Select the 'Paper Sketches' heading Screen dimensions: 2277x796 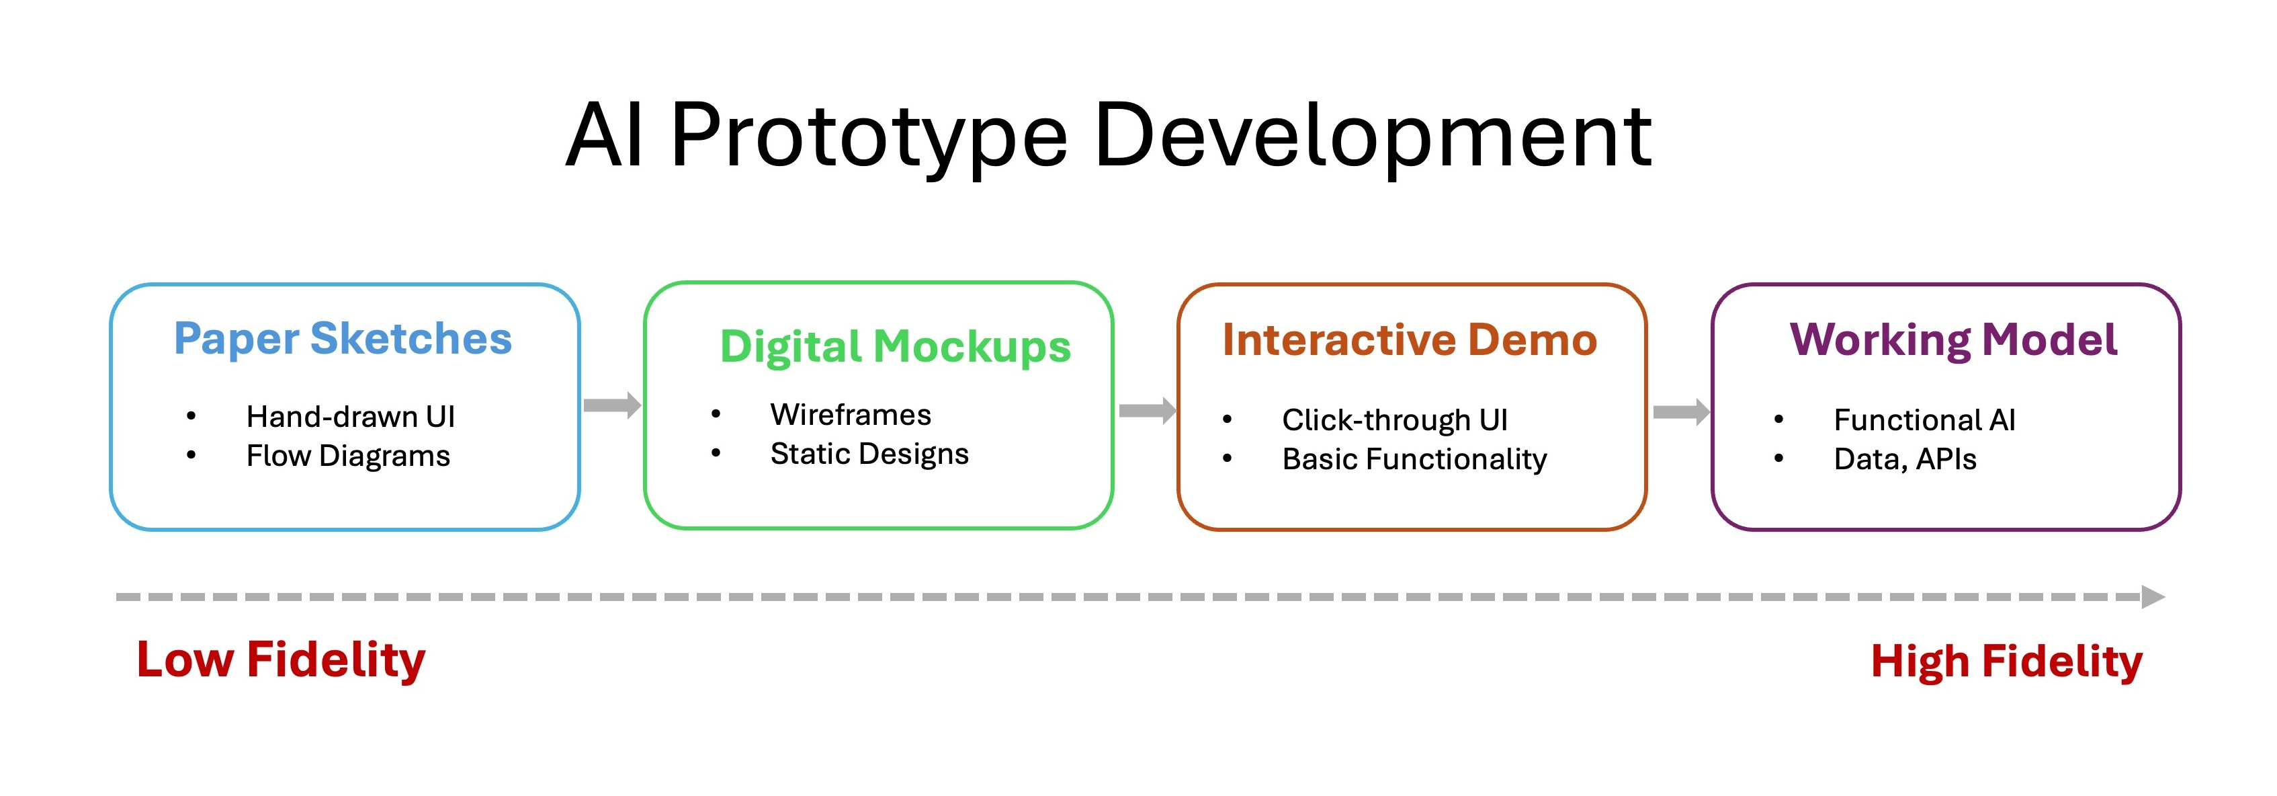[343, 339]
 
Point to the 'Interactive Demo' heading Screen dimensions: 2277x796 [1410, 340]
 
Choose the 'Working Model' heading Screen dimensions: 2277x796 [1953, 340]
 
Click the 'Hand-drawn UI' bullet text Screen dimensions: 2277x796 [350, 417]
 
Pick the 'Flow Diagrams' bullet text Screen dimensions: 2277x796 [347, 456]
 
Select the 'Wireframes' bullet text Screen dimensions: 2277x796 [851, 415]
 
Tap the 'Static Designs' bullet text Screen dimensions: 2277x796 [869, 454]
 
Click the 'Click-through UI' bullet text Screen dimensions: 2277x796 [1395, 420]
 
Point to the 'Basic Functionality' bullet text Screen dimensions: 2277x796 [1414, 459]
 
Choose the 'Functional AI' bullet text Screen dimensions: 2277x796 [1924, 420]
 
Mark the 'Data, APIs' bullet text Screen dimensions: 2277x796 [1905, 459]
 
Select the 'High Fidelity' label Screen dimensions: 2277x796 [2006, 662]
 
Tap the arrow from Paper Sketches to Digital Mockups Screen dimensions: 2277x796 [611, 406]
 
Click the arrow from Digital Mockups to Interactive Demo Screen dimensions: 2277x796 [1146, 410]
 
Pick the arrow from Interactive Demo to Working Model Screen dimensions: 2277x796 [1680, 412]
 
